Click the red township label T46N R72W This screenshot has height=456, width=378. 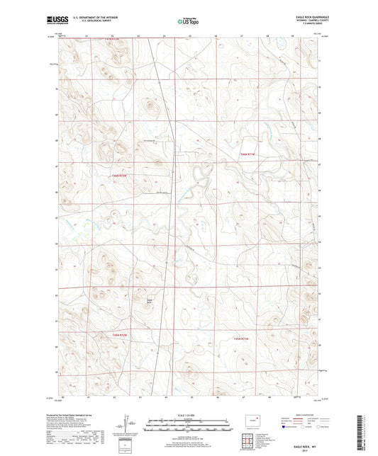click(x=122, y=175)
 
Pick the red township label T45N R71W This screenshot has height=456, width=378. click(x=243, y=337)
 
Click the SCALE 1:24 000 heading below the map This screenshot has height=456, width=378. click(x=189, y=414)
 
